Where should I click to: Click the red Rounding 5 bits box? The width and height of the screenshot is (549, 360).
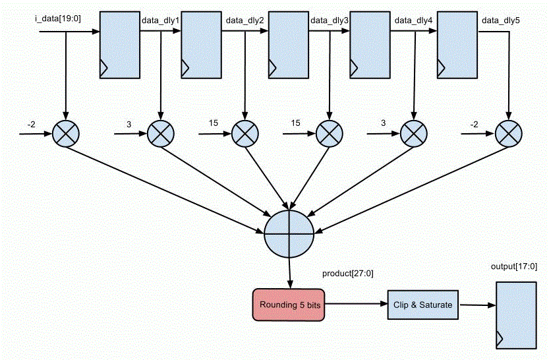(288, 305)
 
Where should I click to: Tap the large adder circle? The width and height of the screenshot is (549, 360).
(288, 235)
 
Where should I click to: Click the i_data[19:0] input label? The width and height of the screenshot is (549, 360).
(58, 17)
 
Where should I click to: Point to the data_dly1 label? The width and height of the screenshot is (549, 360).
(160, 20)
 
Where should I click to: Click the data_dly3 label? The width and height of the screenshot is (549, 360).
(329, 20)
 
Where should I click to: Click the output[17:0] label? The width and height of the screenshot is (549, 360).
(514, 266)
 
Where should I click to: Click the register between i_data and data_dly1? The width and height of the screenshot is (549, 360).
(119, 44)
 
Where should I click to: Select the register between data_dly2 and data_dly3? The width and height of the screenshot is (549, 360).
(287, 44)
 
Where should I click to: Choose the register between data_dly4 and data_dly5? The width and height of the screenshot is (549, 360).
(456, 44)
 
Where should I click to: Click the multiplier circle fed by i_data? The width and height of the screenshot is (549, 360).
(66, 133)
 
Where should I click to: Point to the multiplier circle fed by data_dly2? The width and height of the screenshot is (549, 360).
(245, 133)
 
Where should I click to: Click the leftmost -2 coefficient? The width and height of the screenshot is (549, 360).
(32, 124)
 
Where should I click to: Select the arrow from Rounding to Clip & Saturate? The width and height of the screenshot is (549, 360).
(355, 305)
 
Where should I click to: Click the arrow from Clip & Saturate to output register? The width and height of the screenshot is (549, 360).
(475, 305)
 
